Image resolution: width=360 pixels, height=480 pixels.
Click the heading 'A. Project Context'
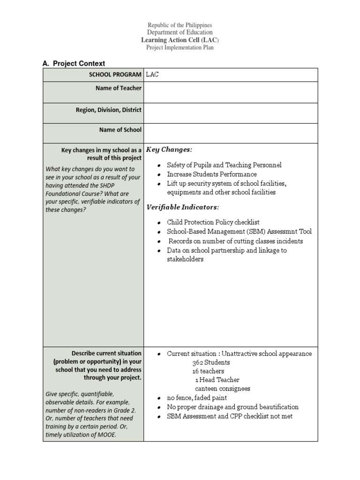[x=74, y=63]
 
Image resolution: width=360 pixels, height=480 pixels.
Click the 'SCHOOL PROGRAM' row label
[x=115, y=75]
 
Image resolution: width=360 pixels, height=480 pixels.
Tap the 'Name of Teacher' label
[x=118, y=88]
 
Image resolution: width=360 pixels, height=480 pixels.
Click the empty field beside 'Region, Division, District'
[x=231, y=113]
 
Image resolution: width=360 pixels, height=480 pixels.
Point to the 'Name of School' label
[x=120, y=130]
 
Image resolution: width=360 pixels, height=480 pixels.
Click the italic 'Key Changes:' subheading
[x=169, y=150]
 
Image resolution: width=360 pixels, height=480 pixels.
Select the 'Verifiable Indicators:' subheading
[x=183, y=207]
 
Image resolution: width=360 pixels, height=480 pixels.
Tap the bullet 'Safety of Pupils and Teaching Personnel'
[x=224, y=165]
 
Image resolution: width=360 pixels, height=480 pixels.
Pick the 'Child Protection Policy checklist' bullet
[x=213, y=222]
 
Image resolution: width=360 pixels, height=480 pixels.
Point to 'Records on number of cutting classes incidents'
[x=235, y=241]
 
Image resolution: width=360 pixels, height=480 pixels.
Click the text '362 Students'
[x=211, y=362]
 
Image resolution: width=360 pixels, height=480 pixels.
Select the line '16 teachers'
[x=208, y=371]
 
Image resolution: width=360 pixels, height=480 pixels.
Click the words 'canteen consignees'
[x=222, y=389]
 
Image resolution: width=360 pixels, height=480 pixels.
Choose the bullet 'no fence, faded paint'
[x=197, y=397]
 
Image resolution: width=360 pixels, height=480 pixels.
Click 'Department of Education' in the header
[x=180, y=32]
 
